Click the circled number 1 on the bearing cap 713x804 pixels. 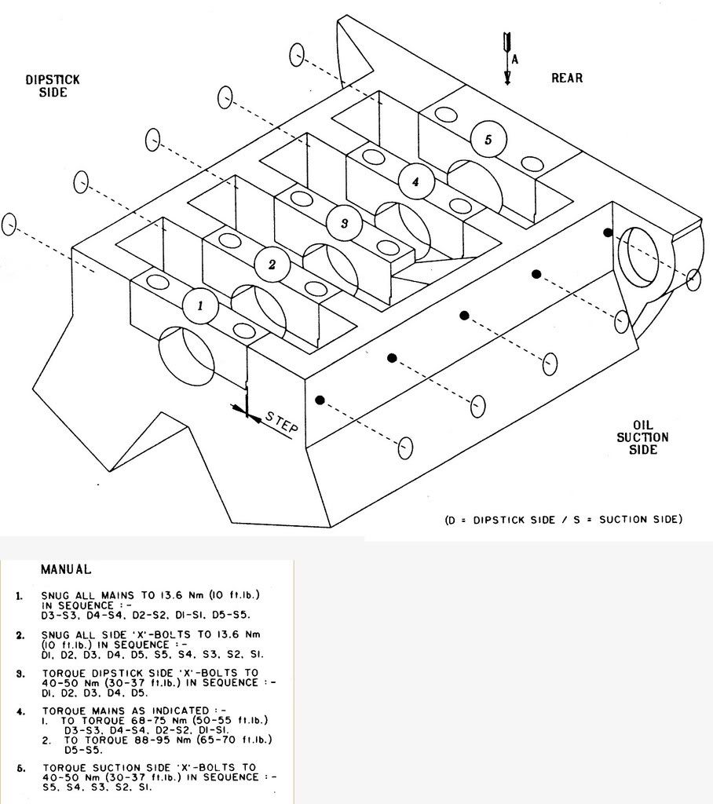[200, 305]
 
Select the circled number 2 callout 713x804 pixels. [272, 264]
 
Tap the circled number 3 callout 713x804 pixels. [344, 223]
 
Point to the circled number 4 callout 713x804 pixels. [416, 181]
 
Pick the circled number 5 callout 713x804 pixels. [488, 140]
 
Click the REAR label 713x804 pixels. [567, 78]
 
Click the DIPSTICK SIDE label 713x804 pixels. [53, 86]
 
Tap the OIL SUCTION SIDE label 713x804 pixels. [642, 437]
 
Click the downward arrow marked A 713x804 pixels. [507, 58]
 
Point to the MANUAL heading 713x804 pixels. [66, 569]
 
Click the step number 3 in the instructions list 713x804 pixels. [20, 674]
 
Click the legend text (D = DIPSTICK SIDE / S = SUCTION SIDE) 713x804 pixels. [564, 520]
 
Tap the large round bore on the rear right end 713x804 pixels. [638, 258]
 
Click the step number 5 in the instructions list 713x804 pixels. [20, 768]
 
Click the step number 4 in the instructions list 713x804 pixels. [20, 711]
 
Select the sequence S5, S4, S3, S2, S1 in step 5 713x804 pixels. [97, 787]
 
